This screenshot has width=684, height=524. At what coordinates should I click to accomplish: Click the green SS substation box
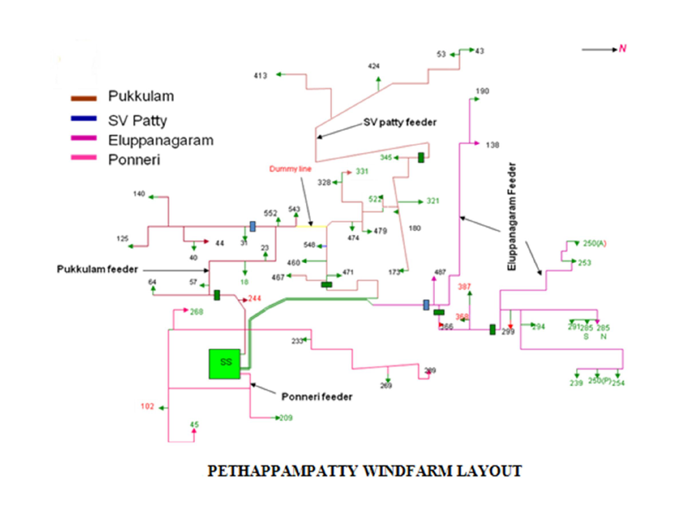(225, 363)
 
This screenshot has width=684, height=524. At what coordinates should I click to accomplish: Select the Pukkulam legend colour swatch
(84, 97)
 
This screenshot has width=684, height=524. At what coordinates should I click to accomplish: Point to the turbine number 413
(260, 76)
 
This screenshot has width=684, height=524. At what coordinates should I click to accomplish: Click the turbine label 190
(482, 92)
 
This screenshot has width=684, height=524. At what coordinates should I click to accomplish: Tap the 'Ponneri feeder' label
(317, 397)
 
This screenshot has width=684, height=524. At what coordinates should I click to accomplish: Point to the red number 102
(147, 407)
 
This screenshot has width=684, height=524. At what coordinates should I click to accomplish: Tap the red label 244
(255, 299)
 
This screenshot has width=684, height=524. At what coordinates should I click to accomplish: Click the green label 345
(385, 158)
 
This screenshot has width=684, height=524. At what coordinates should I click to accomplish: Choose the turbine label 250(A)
(594, 243)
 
